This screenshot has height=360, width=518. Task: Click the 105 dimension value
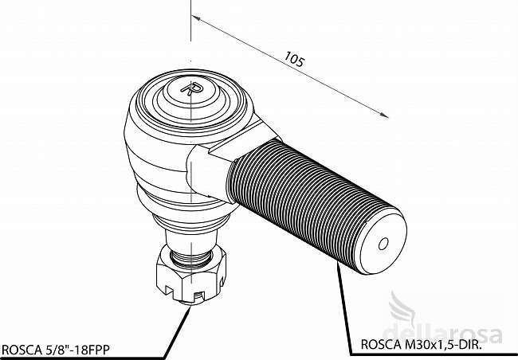294,60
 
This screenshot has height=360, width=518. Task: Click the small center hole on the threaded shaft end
383,244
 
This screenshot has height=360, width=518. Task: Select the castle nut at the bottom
191,274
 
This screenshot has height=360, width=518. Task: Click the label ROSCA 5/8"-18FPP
56,350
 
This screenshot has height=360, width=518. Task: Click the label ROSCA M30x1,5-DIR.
422,345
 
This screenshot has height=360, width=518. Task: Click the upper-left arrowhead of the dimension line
195,18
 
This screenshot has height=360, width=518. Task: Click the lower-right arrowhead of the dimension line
385,115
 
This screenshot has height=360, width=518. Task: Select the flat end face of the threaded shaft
383,244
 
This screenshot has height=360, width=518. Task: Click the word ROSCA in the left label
21,350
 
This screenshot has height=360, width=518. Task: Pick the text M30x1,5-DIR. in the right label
441,345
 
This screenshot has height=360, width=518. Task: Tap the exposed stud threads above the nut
191,257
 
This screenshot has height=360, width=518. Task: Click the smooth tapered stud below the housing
191,241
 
